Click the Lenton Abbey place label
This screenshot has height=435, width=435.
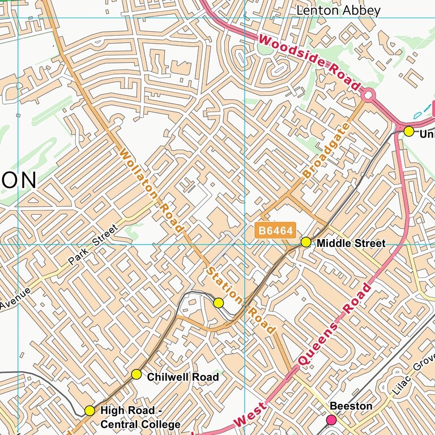338,11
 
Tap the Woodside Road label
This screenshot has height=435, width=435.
310,62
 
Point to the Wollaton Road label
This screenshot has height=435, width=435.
152,190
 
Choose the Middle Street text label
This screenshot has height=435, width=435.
351,244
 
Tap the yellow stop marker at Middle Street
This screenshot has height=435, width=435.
306,242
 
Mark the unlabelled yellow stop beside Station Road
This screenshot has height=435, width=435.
219,303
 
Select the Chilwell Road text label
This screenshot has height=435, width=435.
182,377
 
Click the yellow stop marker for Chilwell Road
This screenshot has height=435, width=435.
137,374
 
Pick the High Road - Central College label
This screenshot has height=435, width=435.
140,417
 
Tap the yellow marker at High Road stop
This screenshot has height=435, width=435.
89,411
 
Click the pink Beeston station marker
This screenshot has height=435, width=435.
331,420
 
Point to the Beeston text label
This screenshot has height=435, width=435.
351,406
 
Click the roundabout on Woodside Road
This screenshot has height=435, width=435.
369,95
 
